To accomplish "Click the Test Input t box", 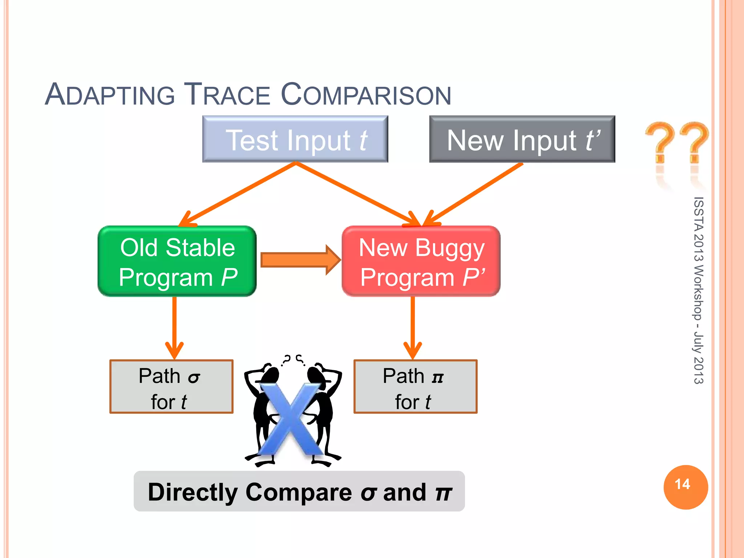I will [295, 139].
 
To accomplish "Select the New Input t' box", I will [522, 139].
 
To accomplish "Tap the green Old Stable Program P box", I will [177, 261].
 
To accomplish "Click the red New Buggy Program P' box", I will [421, 261].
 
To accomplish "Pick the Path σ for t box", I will [171, 387].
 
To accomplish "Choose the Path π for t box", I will [415, 387].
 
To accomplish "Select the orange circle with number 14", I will [686, 487].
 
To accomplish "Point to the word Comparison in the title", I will [366, 95].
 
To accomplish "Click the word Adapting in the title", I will [110, 95].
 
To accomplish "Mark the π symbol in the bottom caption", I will [444, 493].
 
